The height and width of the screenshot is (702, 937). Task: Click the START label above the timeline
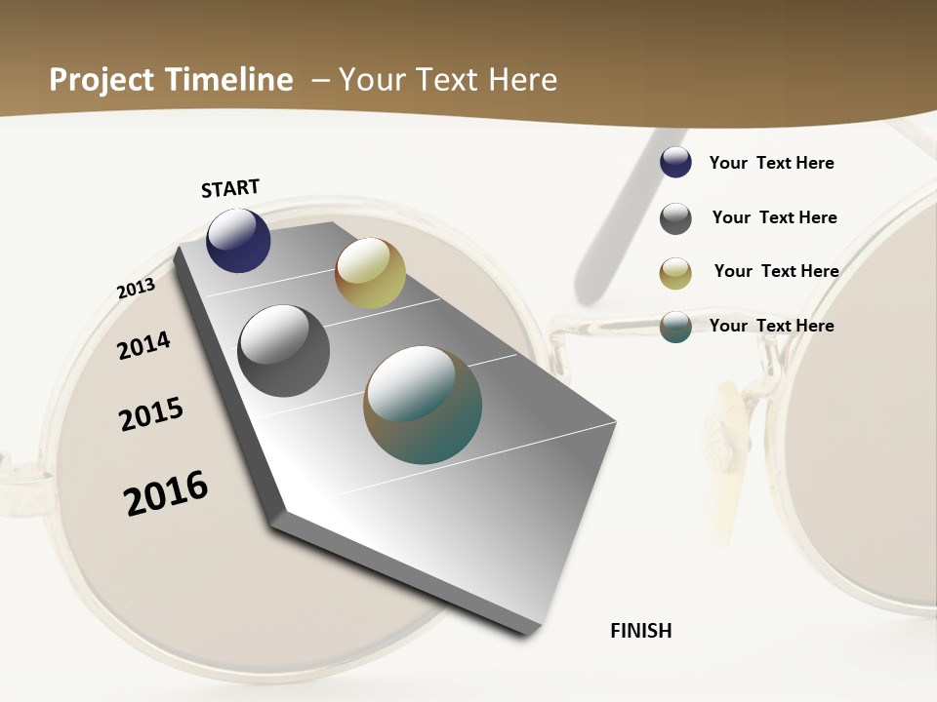[x=230, y=188]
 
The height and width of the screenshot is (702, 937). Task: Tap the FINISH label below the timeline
[x=641, y=631]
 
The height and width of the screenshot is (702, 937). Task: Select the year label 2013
[x=136, y=289]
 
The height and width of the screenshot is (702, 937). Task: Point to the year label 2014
[x=143, y=345]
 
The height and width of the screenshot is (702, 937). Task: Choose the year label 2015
[x=151, y=414]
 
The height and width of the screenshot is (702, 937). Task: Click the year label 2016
[x=166, y=493]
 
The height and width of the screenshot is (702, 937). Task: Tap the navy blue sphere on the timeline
[x=238, y=240]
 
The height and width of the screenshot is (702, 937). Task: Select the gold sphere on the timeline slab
[x=370, y=273]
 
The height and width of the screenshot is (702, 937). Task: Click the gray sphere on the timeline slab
[x=283, y=351]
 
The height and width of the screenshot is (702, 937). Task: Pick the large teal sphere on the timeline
[x=423, y=405]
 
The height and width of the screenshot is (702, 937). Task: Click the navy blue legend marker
[x=675, y=163]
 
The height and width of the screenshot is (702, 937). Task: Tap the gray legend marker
[x=675, y=218]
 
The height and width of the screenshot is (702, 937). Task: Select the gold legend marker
[x=675, y=273]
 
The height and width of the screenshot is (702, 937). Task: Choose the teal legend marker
[x=675, y=327]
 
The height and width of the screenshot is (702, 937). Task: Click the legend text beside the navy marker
[x=771, y=163]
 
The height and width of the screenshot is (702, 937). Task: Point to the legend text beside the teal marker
[x=771, y=326]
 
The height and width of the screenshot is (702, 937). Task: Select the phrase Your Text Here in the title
[x=448, y=80]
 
